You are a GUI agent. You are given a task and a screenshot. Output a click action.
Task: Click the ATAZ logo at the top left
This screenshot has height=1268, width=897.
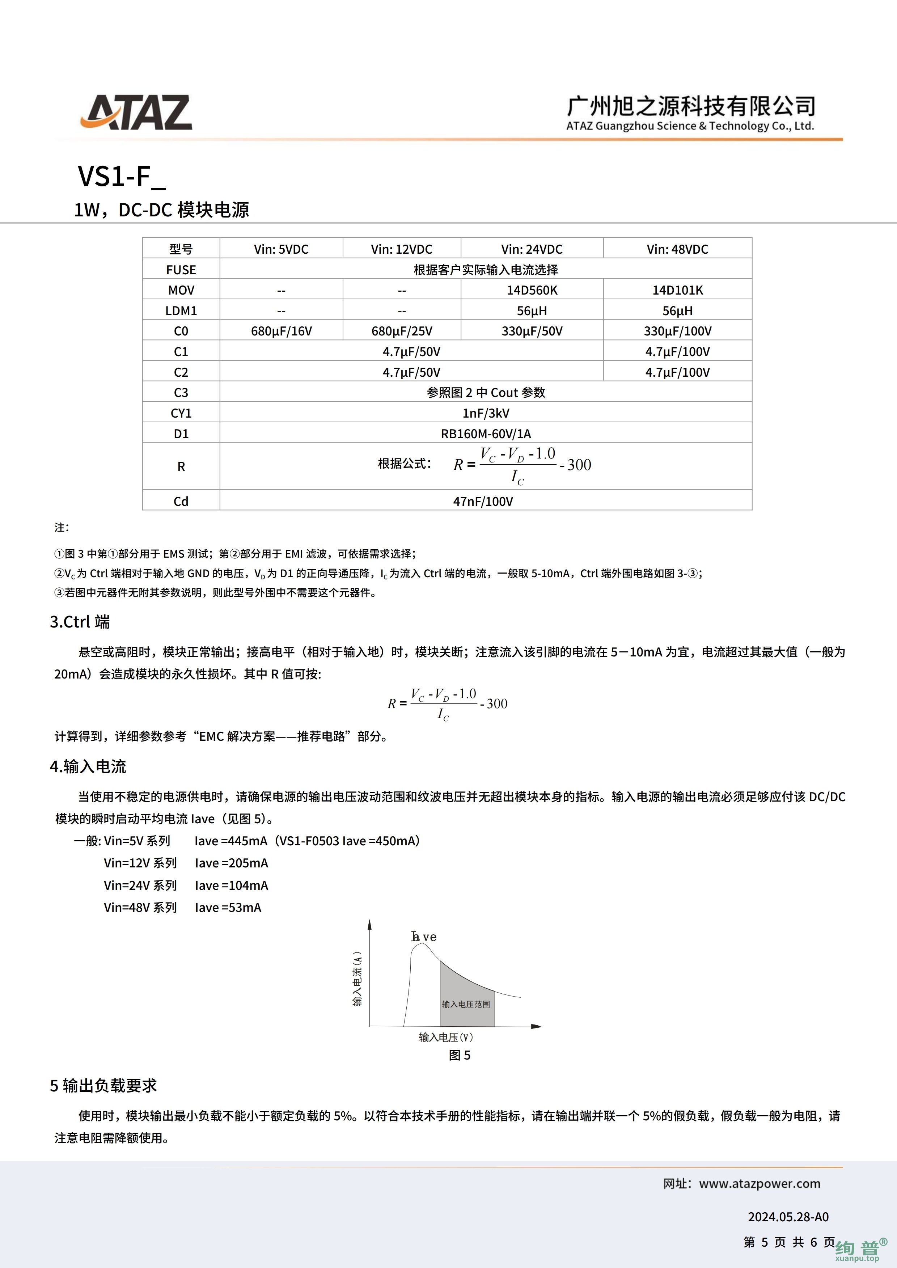(136, 112)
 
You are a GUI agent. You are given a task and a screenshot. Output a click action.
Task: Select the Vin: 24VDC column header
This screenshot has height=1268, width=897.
(531, 249)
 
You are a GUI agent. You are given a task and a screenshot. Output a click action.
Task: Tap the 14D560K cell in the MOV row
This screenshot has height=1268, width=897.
(531, 290)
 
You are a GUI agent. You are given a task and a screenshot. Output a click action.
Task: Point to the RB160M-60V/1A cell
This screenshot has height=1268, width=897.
(486, 434)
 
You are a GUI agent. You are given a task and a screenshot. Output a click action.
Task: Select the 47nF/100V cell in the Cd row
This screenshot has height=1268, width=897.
(483, 502)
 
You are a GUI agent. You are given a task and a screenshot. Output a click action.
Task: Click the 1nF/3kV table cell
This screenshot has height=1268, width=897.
(486, 413)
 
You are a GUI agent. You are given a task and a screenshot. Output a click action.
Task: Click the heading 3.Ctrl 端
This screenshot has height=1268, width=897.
(80, 622)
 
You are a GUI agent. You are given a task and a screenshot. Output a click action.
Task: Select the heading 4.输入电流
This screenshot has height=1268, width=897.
(88, 766)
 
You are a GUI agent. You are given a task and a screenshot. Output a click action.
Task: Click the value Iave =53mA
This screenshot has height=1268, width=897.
(228, 907)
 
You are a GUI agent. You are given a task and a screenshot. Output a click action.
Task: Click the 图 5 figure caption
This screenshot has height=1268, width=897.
(460, 1055)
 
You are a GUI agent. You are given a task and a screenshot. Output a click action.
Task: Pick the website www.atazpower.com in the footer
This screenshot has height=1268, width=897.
(760, 1184)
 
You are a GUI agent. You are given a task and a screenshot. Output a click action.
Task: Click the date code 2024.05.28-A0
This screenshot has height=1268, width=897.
(788, 1217)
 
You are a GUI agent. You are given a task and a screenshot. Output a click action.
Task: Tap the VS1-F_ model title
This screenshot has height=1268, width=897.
(122, 177)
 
